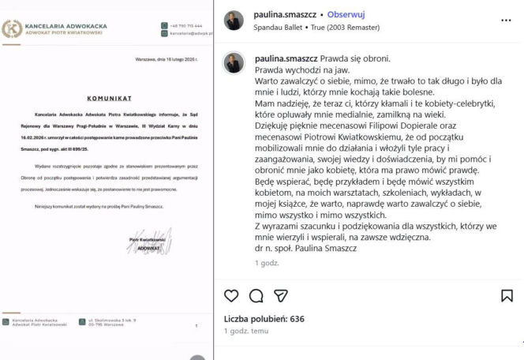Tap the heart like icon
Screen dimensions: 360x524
[x=231, y=296]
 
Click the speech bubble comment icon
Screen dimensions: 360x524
[x=256, y=296]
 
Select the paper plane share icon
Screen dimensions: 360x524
[x=280, y=296]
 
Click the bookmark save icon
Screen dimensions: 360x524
[x=507, y=296]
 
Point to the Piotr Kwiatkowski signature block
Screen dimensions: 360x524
[x=142, y=243]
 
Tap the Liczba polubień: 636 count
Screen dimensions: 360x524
[x=264, y=319]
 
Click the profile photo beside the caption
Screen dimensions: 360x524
[x=234, y=62]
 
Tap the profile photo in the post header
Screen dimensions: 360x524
[x=234, y=21]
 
